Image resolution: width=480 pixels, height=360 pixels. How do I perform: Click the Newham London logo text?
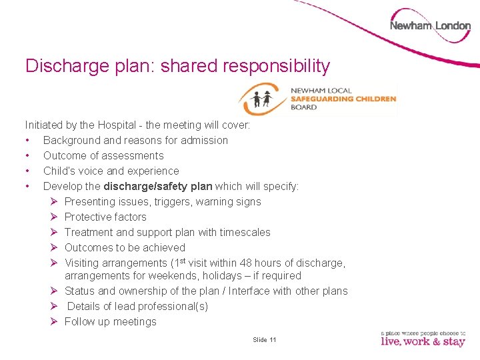point(430,26)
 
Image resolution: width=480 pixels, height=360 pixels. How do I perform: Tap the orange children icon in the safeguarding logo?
point(261,99)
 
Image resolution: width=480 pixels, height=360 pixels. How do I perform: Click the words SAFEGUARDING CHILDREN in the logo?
point(343,99)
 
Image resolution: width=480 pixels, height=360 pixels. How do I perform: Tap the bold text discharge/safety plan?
point(157,186)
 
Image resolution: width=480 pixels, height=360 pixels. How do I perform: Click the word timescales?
point(244,232)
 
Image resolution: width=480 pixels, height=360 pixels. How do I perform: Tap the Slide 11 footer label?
point(265,340)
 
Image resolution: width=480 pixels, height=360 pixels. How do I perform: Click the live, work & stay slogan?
point(423,341)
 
